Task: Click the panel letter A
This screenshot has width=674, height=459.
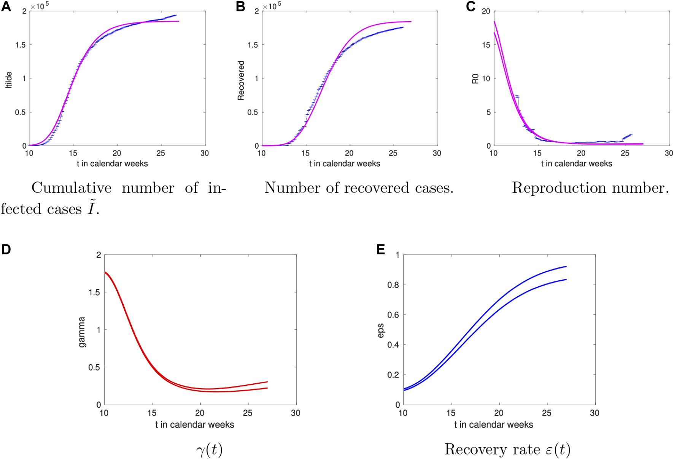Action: pos(6,6)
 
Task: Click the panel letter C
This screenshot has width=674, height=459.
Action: pos(471,6)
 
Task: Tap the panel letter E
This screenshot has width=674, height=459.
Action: pos(380,249)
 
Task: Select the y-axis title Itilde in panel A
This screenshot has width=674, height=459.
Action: pos(9,80)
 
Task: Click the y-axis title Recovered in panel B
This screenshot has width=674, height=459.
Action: pos(241,80)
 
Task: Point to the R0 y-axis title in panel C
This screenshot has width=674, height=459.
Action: pos(475,79)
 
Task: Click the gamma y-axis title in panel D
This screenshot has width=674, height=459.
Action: pos(82,332)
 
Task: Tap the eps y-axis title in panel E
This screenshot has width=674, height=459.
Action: pos(381,330)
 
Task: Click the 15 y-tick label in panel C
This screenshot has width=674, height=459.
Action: pos(486,45)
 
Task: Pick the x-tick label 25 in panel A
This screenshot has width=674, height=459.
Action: pos(161,153)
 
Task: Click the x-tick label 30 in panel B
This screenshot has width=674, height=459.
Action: pos(437,153)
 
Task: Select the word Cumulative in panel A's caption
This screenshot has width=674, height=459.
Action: pos(72,188)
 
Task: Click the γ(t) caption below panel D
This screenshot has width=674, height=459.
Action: pos(209,450)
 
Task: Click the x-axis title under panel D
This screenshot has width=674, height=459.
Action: pos(194,425)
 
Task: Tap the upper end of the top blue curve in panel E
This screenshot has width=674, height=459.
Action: pos(566,267)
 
